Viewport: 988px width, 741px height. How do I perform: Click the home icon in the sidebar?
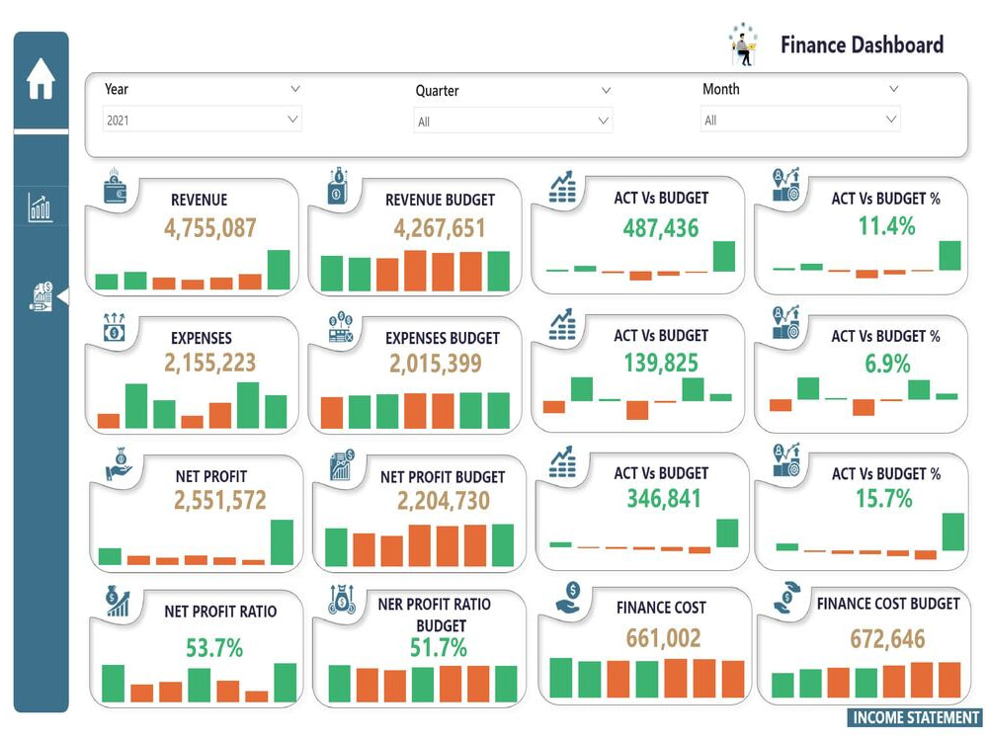click(x=41, y=79)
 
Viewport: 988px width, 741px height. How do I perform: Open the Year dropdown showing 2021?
click(x=202, y=120)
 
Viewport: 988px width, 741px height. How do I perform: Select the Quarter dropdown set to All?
click(x=512, y=122)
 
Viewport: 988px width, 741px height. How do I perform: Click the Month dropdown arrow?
click(x=891, y=120)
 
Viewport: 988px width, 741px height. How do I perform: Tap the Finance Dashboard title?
click(x=861, y=44)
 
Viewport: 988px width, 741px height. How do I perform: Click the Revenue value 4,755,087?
click(x=210, y=228)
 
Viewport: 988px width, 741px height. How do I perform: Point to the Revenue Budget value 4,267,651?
click(x=440, y=228)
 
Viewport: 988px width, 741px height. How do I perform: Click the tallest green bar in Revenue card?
click(x=279, y=270)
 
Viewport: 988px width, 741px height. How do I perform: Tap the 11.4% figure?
click(x=886, y=226)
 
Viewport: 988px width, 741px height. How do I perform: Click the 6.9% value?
click(x=886, y=364)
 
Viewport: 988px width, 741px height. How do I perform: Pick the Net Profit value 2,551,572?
click(x=219, y=500)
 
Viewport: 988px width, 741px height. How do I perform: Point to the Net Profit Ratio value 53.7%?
click(x=214, y=648)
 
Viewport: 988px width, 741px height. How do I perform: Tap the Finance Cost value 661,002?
click(x=663, y=638)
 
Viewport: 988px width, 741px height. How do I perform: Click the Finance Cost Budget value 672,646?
click(x=887, y=638)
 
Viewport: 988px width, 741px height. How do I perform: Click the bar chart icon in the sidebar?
click(x=41, y=207)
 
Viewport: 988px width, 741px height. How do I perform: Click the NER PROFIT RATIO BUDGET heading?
click(x=434, y=614)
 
